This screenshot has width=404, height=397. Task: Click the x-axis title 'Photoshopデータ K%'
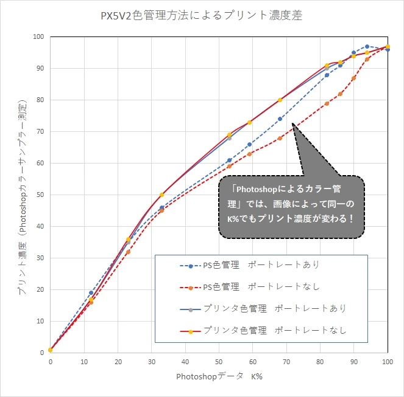219,376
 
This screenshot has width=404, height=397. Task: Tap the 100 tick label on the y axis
38,36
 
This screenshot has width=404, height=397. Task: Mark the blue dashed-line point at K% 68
280,119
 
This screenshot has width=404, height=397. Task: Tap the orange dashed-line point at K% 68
280,138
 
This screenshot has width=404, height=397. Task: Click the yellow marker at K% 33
161,195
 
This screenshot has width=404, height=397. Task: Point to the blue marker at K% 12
91,292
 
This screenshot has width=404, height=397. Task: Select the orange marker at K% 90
353,78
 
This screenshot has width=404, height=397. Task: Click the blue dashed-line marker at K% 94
367,46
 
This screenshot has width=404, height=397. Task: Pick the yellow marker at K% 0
51,350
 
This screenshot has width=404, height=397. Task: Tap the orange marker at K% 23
128,252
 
